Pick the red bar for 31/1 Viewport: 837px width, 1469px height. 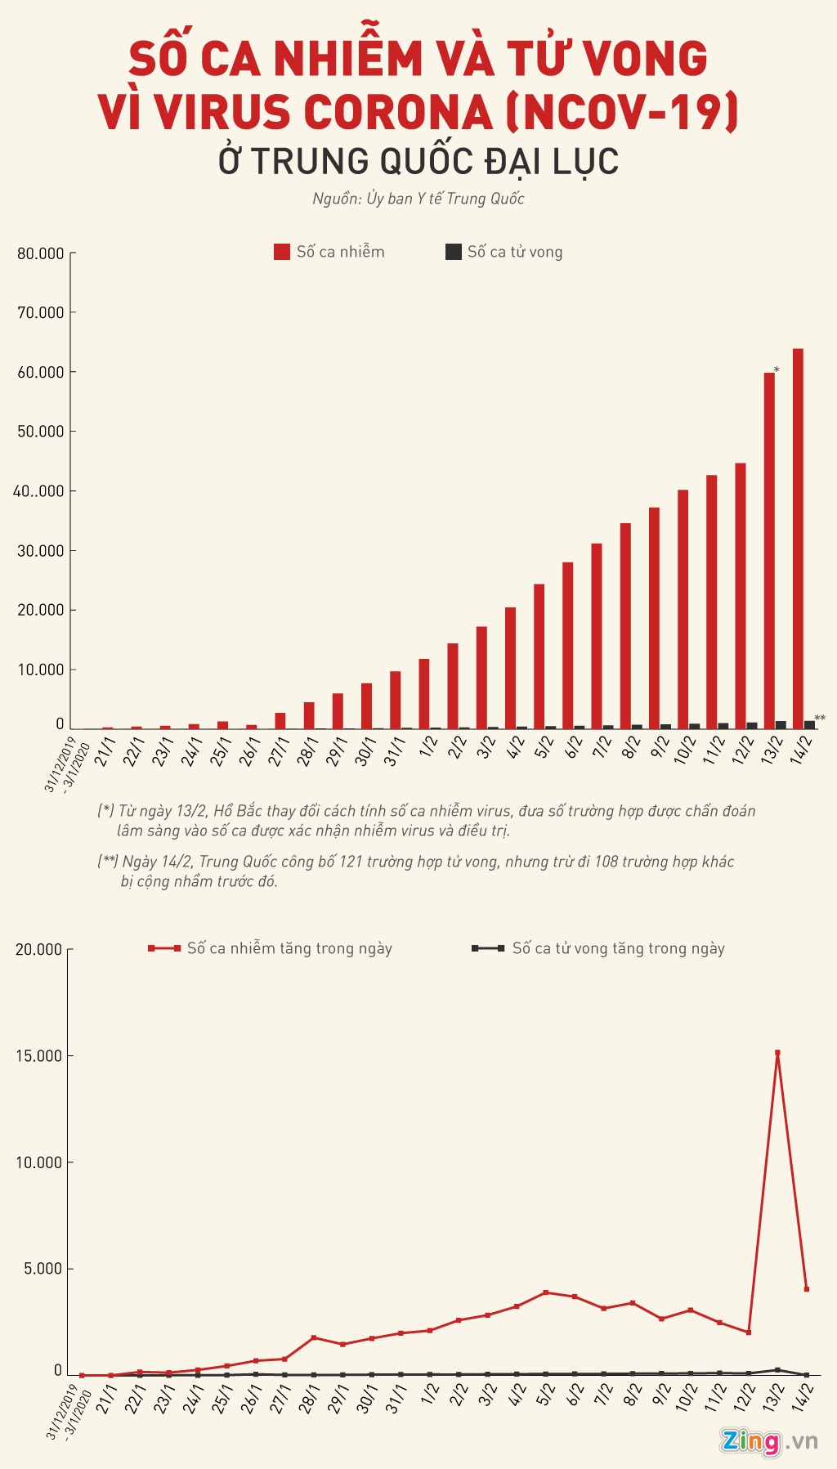395,700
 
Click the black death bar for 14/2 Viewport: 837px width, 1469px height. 809,724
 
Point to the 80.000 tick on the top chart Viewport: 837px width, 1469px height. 41,253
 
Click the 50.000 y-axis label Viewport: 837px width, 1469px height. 41,432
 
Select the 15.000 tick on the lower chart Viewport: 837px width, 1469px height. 39,1056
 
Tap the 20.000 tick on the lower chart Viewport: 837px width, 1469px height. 39,949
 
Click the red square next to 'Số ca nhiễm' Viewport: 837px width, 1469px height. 282,252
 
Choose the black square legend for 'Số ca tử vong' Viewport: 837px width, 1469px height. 453,252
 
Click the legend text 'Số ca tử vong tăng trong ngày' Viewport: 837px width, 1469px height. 618,948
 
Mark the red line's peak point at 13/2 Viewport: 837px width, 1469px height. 777,1053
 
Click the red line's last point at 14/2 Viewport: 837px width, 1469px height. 807,1289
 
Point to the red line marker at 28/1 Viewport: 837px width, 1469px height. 314,1338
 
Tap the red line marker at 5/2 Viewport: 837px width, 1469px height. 545,1292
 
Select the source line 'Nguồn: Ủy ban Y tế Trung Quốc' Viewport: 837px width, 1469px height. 418,199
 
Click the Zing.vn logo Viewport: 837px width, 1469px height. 768,1440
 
